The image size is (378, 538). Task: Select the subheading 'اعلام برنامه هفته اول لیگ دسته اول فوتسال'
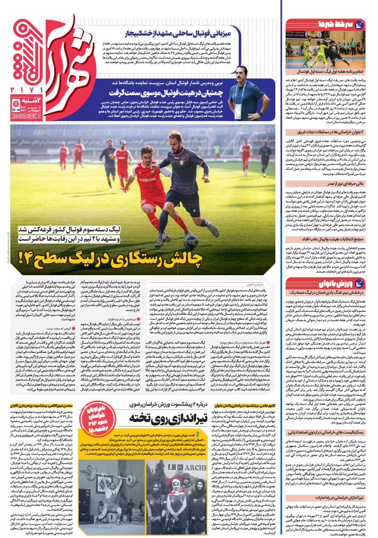click(326, 71)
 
